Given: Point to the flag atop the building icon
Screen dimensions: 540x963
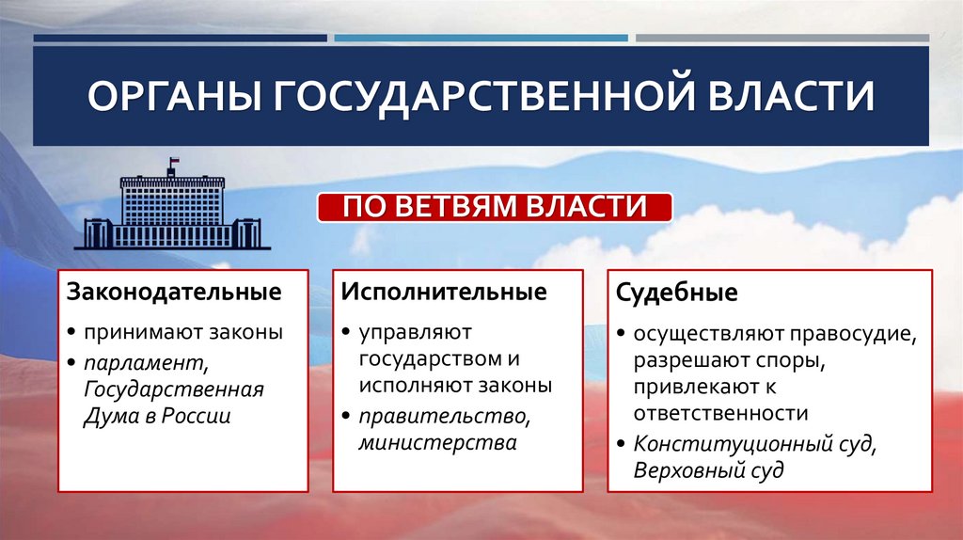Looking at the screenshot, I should tap(173, 165).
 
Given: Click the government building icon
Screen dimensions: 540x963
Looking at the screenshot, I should tap(172, 209).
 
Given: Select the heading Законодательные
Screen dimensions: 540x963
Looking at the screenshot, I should tap(173, 292).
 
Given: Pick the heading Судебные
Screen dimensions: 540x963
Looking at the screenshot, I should tap(677, 293).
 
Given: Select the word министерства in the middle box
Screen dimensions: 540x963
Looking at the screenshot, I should tap(436, 442).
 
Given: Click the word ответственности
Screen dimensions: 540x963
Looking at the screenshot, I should tap(720, 412).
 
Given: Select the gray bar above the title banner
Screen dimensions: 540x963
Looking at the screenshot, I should tap(781, 39).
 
